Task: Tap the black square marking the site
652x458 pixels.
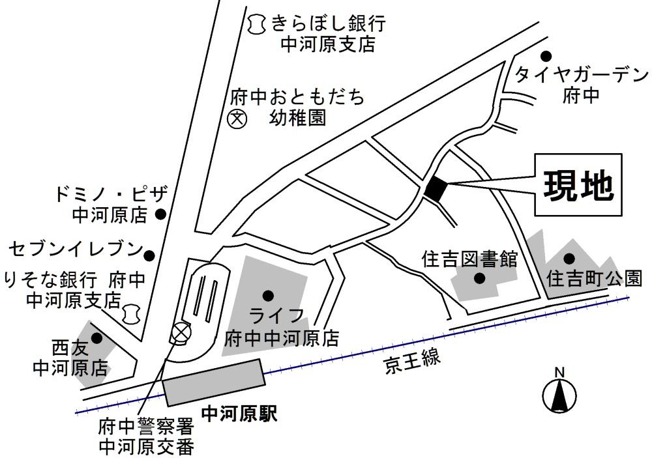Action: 436,188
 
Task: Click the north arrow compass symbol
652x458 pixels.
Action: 559,394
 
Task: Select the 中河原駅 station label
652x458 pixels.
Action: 239,414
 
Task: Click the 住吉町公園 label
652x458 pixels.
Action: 593,279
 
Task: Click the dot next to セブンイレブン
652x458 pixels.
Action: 149,255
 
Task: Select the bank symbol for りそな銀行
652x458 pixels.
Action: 132,313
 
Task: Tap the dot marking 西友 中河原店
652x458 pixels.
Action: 96,338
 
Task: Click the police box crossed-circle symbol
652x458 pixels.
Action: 179,334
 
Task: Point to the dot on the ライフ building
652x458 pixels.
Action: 267,295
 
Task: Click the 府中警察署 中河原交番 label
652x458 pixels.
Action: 146,438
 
